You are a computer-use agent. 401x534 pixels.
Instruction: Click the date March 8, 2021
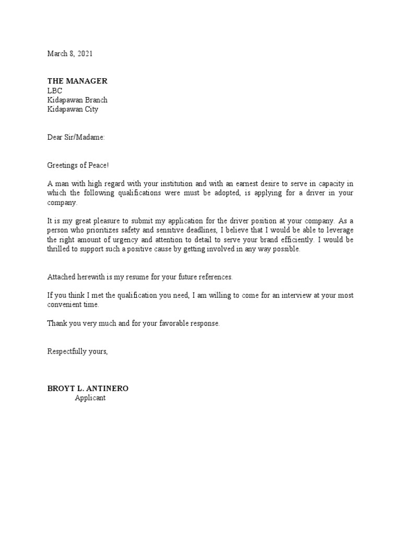tap(70, 54)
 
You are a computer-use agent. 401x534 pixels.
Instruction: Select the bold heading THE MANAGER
tap(77, 81)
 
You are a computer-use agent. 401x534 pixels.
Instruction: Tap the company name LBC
tap(55, 91)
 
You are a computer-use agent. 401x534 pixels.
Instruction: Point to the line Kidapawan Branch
tap(78, 100)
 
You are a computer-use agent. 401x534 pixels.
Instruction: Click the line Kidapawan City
tap(73, 110)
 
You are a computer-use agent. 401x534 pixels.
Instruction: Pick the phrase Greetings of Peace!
tap(78, 165)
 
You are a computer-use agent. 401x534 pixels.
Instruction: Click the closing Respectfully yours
tap(78, 351)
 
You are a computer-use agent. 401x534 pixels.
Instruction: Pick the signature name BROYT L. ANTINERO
tap(88, 389)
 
